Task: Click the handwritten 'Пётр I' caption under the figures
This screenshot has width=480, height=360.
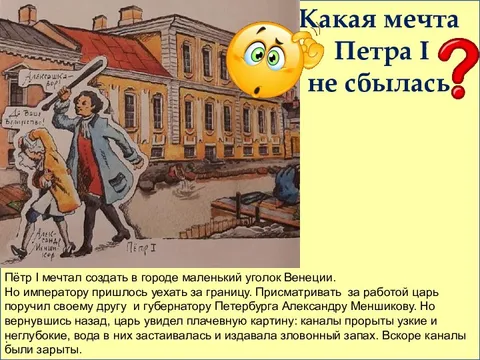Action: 134,245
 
